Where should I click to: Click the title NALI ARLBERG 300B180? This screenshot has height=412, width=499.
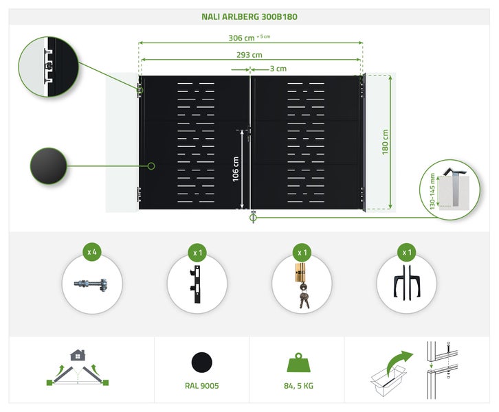click(x=249, y=16)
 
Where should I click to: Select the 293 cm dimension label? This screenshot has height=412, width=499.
click(x=249, y=55)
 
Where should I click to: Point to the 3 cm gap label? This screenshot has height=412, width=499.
click(x=278, y=69)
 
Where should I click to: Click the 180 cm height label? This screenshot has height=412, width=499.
click(x=386, y=141)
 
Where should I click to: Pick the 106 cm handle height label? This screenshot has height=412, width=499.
click(x=236, y=168)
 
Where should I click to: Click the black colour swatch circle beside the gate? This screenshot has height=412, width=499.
click(x=48, y=165)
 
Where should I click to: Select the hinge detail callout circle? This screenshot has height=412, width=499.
click(x=48, y=66)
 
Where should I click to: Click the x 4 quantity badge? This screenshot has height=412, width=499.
click(x=91, y=252)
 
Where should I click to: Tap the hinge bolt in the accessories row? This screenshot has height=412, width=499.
click(x=92, y=283)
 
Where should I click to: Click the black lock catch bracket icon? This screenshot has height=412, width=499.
click(x=197, y=283)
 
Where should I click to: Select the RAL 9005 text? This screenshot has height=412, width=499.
click(x=201, y=386)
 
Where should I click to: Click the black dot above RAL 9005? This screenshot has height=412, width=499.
click(x=201, y=362)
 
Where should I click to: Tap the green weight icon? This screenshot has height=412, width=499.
click(x=296, y=363)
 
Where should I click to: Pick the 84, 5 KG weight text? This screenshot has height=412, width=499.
click(x=296, y=386)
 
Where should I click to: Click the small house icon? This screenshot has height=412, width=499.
click(x=77, y=355)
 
